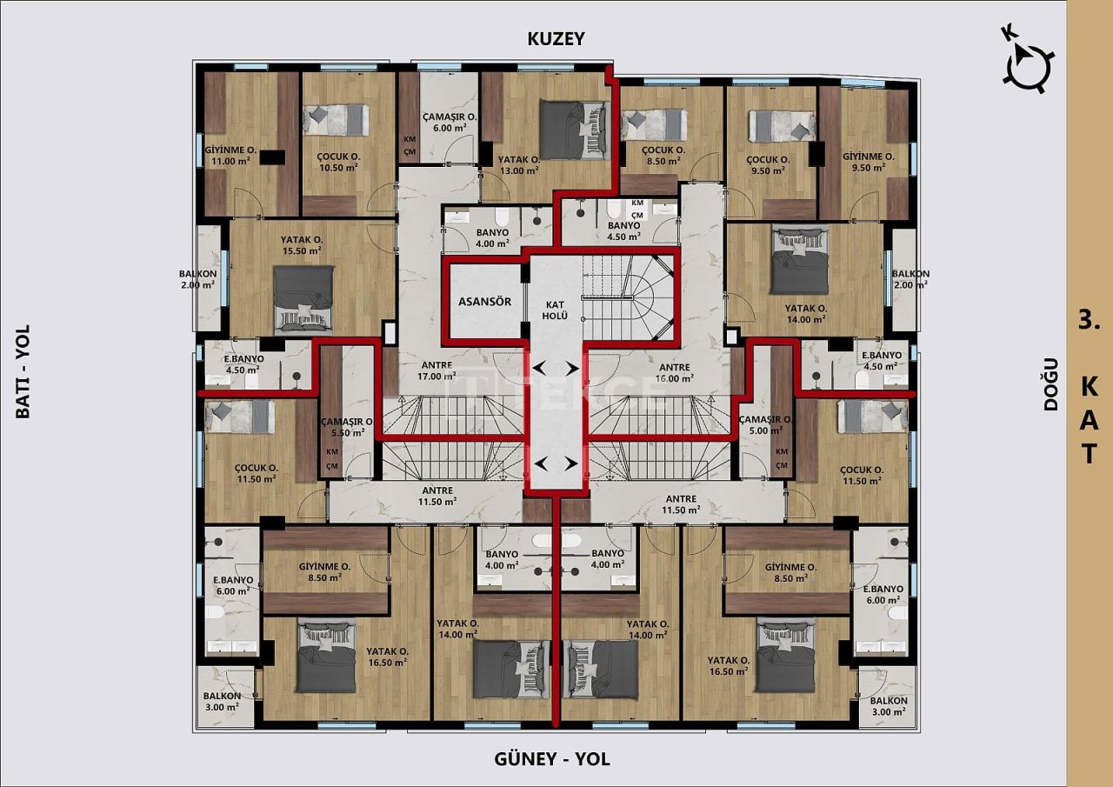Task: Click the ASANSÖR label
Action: click(485, 302)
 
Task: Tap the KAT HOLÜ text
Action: click(556, 309)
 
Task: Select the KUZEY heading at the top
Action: click(556, 39)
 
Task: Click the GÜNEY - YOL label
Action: click(552, 759)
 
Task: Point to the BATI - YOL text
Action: click(23, 371)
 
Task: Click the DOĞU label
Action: click(1051, 383)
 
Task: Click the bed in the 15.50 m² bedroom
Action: click(303, 298)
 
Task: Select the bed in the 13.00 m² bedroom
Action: click(573, 130)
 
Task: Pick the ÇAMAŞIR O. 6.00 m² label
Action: click(449, 122)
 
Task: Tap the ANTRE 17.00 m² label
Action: click(437, 371)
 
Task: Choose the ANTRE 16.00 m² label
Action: click(675, 372)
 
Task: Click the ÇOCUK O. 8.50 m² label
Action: click(664, 156)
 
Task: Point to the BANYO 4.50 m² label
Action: click(623, 230)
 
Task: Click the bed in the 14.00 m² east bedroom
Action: click(800, 261)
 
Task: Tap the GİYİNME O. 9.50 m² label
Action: click(868, 163)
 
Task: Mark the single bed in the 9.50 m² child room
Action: click(783, 125)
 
